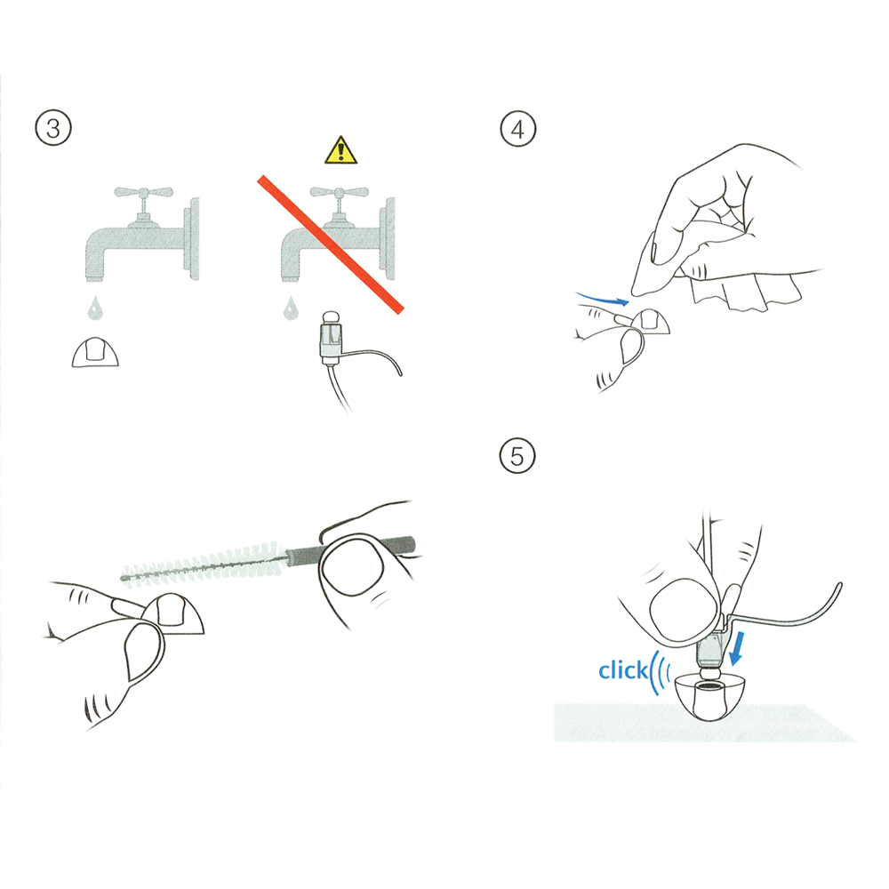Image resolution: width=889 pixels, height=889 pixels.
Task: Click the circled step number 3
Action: pyautogui.click(x=53, y=128)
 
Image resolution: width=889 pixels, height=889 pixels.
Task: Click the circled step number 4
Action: pyautogui.click(x=517, y=129)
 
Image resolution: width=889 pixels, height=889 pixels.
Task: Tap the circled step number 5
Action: pyautogui.click(x=517, y=456)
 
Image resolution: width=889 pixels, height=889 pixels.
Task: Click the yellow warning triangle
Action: pyautogui.click(x=340, y=150)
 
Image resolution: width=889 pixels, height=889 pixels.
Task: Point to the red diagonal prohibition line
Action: pyautogui.click(x=331, y=244)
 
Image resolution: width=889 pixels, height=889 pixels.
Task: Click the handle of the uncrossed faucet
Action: pyautogui.click(x=143, y=193)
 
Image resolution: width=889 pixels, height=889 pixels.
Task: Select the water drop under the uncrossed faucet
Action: pyautogui.click(x=95, y=308)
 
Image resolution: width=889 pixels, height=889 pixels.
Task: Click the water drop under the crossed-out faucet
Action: pyautogui.click(x=291, y=308)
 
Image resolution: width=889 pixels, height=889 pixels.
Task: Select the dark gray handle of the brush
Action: pyautogui.click(x=351, y=549)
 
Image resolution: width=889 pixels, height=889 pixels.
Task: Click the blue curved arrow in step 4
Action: pyautogui.click(x=602, y=298)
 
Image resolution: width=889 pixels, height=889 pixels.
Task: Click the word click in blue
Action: pyautogui.click(x=623, y=670)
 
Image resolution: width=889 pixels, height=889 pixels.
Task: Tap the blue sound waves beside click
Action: pyautogui.click(x=661, y=672)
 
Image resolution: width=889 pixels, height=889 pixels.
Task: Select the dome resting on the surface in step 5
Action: pyautogui.click(x=706, y=696)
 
